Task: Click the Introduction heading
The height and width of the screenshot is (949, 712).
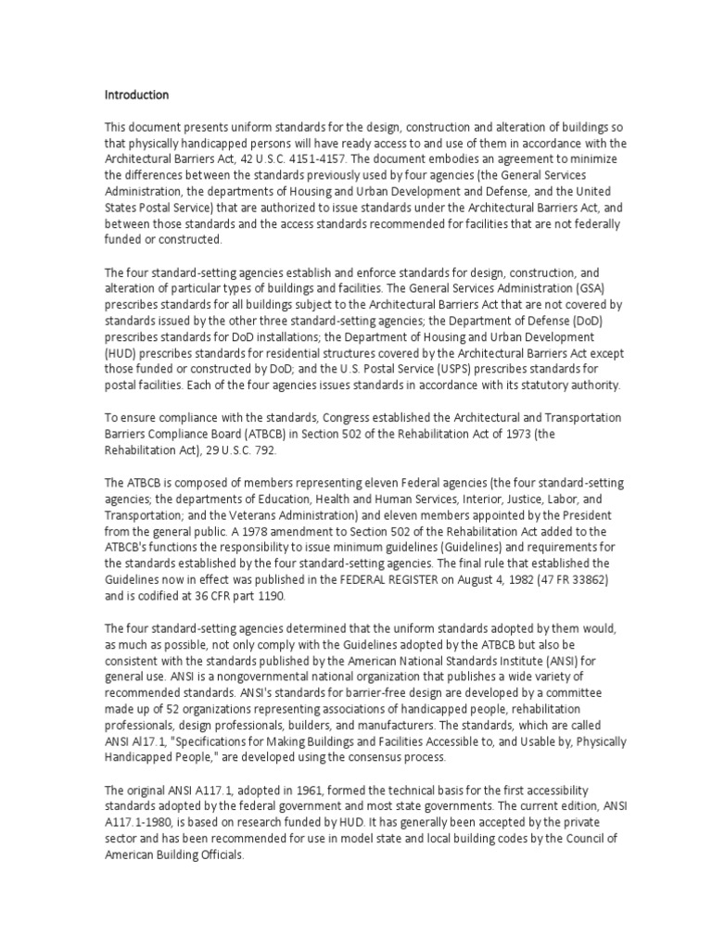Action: (x=136, y=95)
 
